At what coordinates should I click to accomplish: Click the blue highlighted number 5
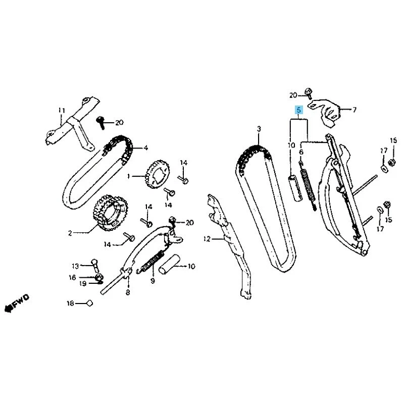pyautogui.click(x=299, y=110)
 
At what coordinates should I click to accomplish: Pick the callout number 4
pyautogui.click(x=145, y=148)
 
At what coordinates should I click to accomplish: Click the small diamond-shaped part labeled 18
pyautogui.click(x=88, y=304)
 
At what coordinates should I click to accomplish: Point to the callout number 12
pyautogui.click(x=206, y=238)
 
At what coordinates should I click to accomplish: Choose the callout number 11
pyautogui.click(x=62, y=110)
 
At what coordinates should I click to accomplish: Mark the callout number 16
pyautogui.click(x=73, y=277)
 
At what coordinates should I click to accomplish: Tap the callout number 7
pyautogui.click(x=354, y=109)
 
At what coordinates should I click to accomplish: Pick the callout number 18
pyautogui.click(x=71, y=304)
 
